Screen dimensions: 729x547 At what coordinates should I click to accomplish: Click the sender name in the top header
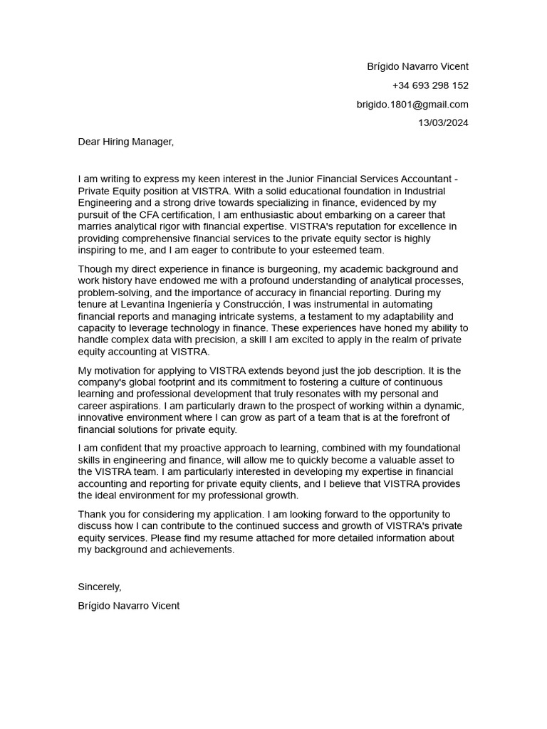(417, 66)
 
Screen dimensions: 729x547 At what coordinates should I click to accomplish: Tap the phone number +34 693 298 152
(430, 85)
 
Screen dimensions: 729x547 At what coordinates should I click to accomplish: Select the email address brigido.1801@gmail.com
(412, 104)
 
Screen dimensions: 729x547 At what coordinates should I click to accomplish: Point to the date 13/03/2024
(443, 122)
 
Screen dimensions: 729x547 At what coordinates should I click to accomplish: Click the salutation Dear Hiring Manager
(125, 142)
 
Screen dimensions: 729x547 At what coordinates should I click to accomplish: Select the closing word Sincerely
(100, 587)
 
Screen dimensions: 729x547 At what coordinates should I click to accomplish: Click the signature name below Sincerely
(129, 606)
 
